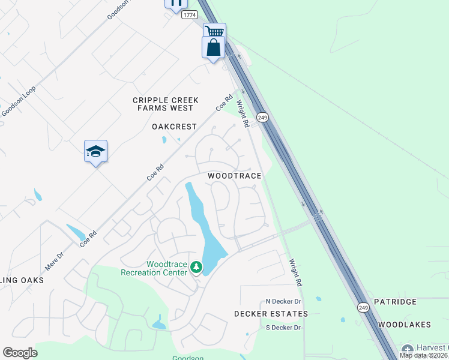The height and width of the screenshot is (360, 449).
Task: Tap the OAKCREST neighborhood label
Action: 174,127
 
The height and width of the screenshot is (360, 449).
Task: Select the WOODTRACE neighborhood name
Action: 235,176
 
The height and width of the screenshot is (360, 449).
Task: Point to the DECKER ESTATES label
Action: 271,314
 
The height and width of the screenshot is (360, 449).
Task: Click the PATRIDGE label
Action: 395,302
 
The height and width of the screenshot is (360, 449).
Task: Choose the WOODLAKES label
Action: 405,325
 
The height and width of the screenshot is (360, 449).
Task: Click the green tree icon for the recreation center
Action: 196,266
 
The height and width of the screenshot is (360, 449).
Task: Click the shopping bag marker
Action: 214,47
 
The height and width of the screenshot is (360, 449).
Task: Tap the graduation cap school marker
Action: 95,151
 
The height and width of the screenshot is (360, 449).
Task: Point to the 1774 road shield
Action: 190,15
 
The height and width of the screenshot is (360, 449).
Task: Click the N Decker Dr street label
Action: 283,301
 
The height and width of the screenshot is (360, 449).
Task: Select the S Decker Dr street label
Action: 283,327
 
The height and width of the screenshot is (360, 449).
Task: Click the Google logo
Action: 20,353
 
